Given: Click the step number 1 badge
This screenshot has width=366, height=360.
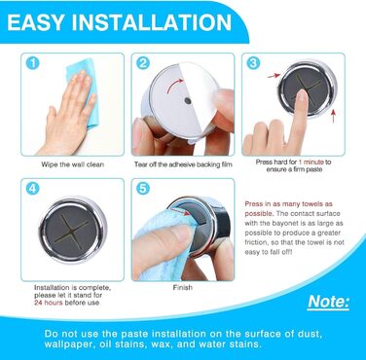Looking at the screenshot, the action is [x=32, y=63].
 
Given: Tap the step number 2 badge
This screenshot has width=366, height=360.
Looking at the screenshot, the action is [x=143, y=63].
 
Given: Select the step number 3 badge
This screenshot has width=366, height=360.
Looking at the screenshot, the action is [x=253, y=63].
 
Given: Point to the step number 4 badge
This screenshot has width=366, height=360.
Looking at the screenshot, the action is [x=32, y=189].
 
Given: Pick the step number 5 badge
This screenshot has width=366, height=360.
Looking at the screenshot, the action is [x=143, y=189].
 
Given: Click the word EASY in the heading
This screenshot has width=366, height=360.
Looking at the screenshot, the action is [x=36, y=22].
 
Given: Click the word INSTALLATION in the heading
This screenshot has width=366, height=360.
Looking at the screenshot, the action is [x=152, y=22].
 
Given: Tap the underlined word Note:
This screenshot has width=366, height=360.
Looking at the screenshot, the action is [x=328, y=302].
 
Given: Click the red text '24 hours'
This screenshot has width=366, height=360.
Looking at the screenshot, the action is [x=49, y=303].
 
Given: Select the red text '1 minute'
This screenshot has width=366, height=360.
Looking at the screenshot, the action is [x=311, y=162].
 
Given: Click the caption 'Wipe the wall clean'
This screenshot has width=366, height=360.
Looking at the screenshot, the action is [x=73, y=164].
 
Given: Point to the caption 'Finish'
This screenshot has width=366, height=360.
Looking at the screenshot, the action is [x=183, y=287].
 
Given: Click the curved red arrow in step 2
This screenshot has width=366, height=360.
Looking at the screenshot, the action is [x=174, y=85].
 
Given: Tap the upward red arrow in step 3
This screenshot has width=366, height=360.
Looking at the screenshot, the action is [x=333, y=116].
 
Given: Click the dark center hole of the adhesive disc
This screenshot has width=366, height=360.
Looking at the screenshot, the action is [x=188, y=100].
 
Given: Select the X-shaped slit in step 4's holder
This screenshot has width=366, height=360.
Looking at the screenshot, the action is [x=71, y=230].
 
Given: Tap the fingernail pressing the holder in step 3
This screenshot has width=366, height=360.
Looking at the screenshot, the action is [x=302, y=96].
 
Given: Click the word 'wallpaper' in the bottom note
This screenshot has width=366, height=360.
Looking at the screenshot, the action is [x=67, y=344].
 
